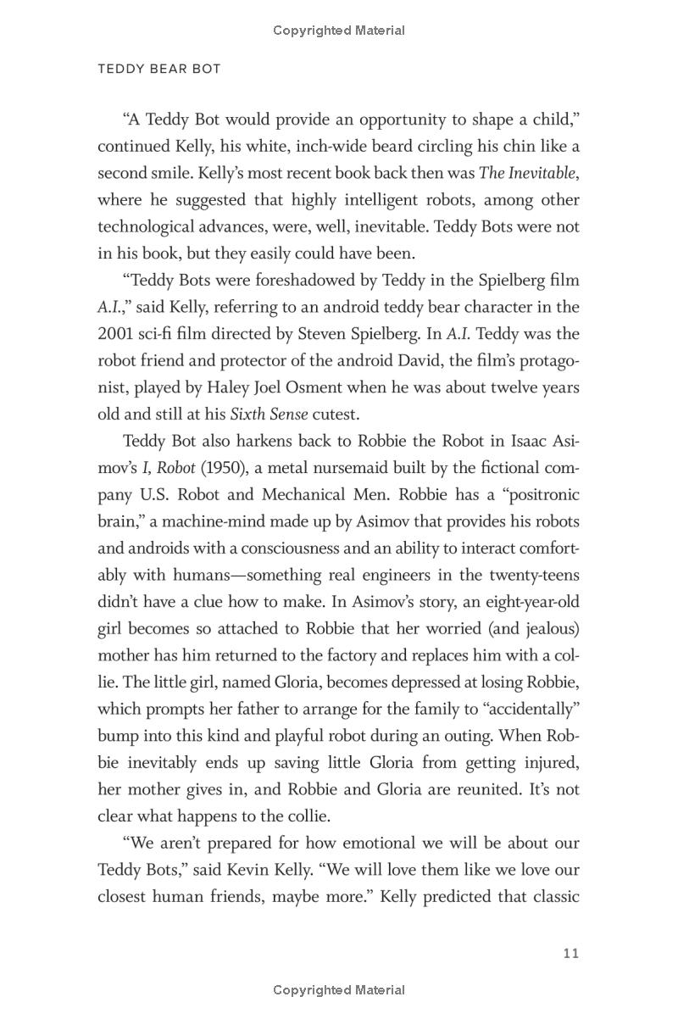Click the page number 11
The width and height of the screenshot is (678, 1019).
point(570,954)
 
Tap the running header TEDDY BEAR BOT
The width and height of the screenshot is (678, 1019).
point(159,70)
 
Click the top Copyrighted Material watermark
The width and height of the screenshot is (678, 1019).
point(339,31)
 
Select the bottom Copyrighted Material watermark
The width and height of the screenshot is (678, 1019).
point(339,990)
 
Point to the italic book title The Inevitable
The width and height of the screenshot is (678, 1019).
point(528,173)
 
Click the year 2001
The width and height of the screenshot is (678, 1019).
point(115,334)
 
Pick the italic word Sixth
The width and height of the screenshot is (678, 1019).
point(249,415)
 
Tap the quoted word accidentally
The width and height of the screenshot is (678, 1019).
point(525,682)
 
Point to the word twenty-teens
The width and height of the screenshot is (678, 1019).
point(534,575)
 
